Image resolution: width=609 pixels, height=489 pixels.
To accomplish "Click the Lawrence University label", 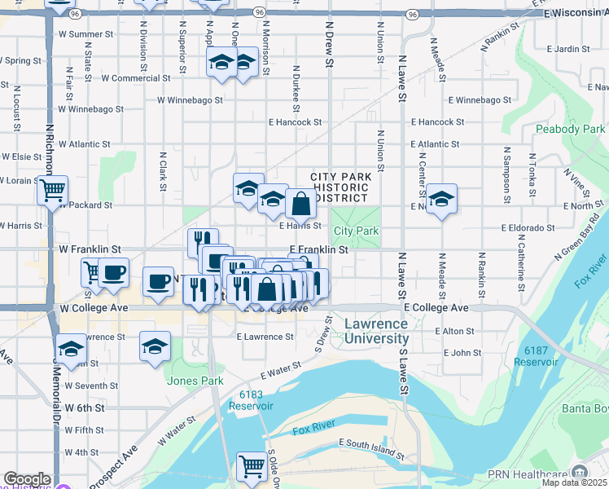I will pyautogui.click(x=375, y=331).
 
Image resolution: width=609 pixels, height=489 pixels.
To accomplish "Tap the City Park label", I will pyautogui.click(x=356, y=231).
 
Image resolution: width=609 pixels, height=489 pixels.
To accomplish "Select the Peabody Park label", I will pyautogui.click(x=570, y=129).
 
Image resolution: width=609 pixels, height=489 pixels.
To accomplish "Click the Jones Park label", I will pyautogui.click(x=195, y=380).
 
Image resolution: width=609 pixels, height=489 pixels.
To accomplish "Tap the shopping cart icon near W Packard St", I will pyautogui.click(x=52, y=191).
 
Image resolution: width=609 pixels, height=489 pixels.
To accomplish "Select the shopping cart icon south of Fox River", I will pyautogui.click(x=252, y=466).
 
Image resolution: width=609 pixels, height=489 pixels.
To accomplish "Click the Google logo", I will pyautogui.click(x=27, y=479).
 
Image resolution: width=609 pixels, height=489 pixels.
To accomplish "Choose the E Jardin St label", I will pyautogui.click(x=567, y=49).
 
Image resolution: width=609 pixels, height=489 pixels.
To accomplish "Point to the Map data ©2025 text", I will pyautogui.click(x=574, y=482).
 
